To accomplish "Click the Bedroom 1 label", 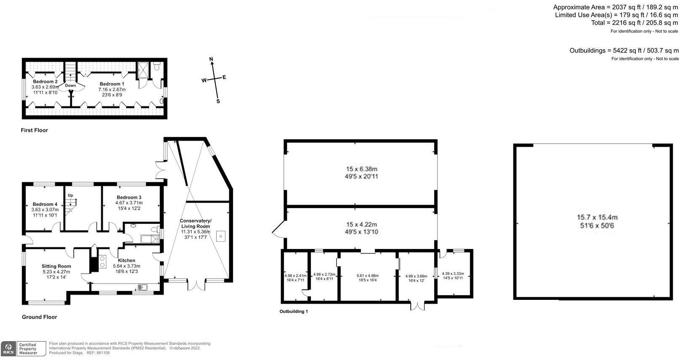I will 112,84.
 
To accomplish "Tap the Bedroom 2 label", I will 45,82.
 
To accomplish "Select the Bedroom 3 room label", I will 129,197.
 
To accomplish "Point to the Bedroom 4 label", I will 45,204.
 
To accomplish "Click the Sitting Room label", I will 56,266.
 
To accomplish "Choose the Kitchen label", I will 126,261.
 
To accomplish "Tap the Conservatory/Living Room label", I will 196,223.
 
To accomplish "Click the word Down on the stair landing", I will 70,86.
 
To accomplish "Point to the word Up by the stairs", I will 71,196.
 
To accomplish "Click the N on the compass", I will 212,59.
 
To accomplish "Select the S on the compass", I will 218,101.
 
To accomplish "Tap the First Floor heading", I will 35,130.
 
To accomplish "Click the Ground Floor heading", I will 39,317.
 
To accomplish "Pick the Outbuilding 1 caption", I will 294,312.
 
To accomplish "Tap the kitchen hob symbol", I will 102,262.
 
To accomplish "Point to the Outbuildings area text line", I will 624,50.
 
